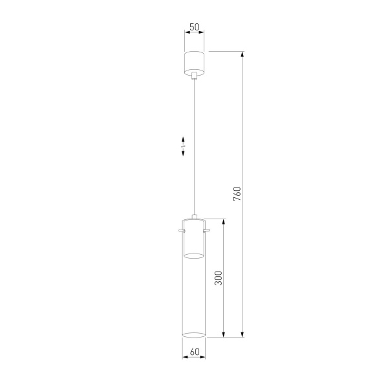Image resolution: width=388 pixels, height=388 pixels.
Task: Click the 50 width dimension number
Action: (x=193, y=28)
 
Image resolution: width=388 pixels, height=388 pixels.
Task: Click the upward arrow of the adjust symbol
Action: (x=184, y=139)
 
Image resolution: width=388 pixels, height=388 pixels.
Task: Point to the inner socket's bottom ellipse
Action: (x=193, y=256)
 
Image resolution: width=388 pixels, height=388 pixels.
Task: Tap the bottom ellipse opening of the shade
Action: (x=193, y=335)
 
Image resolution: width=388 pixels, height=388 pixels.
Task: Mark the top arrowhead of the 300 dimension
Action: (x=224, y=222)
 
